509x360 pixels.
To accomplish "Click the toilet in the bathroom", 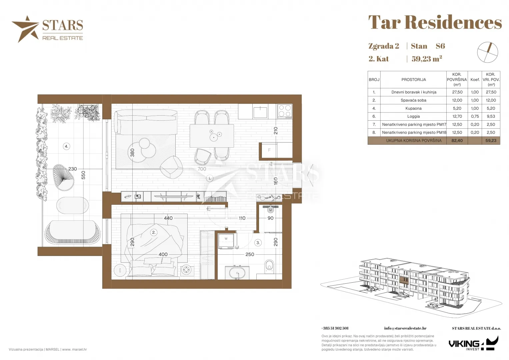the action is [x=269, y=266].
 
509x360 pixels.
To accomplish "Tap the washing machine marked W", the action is [x=226, y=241].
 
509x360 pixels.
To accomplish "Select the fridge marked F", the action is [x=269, y=150].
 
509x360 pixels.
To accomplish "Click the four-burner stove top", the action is [x=285, y=111].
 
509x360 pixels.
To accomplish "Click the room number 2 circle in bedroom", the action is [x=154, y=232].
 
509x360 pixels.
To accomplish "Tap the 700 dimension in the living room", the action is [x=202, y=169].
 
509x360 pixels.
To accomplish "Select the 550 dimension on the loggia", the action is [x=83, y=175].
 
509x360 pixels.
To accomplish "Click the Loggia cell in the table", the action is [x=413, y=116].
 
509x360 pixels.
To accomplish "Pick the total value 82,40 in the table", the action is [x=457, y=140].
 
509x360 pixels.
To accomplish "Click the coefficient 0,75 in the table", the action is [x=475, y=116].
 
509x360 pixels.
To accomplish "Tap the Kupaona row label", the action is [x=413, y=108].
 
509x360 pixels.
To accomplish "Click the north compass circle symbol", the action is [x=487, y=53].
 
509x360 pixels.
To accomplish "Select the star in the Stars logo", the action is [x=26, y=29].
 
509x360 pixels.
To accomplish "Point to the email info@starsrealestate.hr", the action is [x=405, y=328].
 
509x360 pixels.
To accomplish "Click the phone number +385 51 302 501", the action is [x=335, y=328].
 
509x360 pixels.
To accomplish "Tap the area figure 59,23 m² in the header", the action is [x=427, y=59].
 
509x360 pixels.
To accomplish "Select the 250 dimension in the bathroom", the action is [x=250, y=254].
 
